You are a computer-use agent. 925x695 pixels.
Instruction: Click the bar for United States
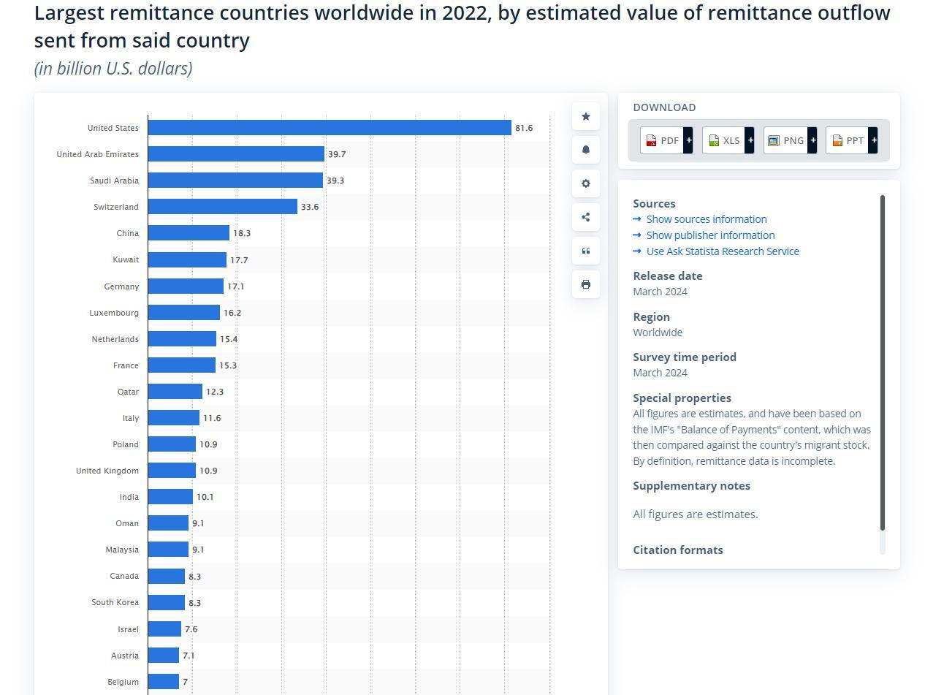pyautogui.click(x=329, y=128)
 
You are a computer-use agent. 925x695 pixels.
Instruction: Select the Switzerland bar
pyautogui.click(x=223, y=207)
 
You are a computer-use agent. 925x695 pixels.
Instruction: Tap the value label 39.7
pyautogui.click(x=337, y=154)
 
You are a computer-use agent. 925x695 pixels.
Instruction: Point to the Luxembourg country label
pyautogui.click(x=114, y=313)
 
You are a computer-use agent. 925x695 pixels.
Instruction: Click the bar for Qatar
pyautogui.click(x=175, y=392)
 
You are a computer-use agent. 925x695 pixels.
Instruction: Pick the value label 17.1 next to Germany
pyautogui.click(x=236, y=286)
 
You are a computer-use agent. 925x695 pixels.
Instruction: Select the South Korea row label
pyautogui.click(x=115, y=602)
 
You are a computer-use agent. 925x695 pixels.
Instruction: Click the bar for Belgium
pyautogui.click(x=164, y=682)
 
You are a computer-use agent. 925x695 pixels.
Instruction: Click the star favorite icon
pyautogui.click(x=586, y=116)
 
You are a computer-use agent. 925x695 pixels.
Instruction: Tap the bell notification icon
pyautogui.click(x=586, y=150)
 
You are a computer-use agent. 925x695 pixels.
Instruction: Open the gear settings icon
pyautogui.click(x=586, y=183)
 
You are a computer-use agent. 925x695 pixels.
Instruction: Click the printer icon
pyautogui.click(x=586, y=284)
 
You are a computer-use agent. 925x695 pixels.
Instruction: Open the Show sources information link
pyautogui.click(x=706, y=219)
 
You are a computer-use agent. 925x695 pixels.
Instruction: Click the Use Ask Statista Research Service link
pyautogui.click(x=722, y=251)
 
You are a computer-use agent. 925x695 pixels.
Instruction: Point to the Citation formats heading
pyautogui.click(x=677, y=550)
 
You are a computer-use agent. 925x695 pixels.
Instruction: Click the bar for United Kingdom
pyautogui.click(x=172, y=471)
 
